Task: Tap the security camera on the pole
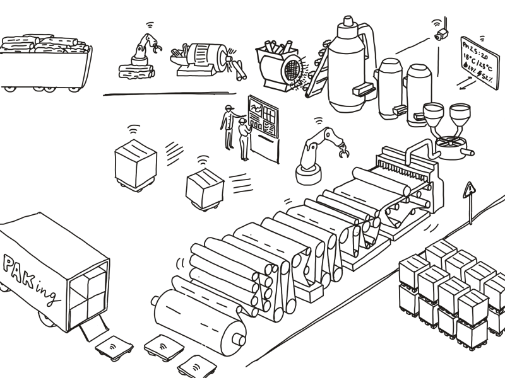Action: [443, 34]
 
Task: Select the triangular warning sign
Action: [469, 190]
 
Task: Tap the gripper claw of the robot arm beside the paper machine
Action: [343, 151]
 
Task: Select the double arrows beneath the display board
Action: [466, 83]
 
